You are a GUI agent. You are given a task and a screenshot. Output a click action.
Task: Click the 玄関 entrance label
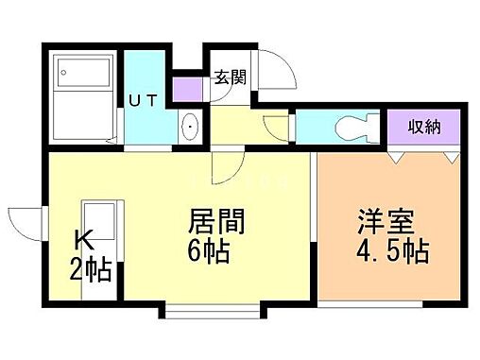(230, 77)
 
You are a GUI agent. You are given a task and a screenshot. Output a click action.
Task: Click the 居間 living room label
(218, 224)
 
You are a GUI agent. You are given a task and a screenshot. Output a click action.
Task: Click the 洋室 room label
(382, 225)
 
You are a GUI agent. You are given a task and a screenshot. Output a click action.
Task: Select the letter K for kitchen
(80, 242)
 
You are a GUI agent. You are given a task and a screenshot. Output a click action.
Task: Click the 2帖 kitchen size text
(91, 271)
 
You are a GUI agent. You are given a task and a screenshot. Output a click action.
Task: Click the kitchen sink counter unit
(99, 240)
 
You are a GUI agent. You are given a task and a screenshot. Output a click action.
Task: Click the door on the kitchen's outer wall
(28, 226)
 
